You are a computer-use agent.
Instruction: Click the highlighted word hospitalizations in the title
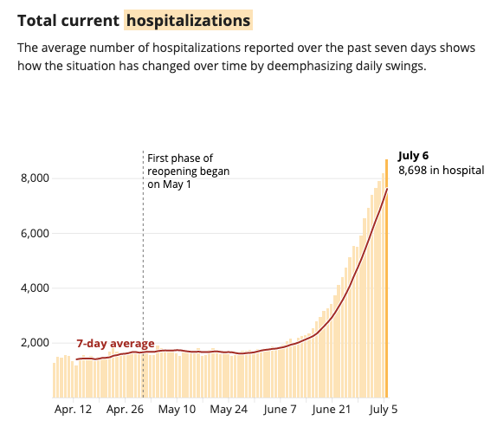pos(188,19)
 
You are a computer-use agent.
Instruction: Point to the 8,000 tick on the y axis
pos(34,178)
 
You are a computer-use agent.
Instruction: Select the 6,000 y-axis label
pos(34,233)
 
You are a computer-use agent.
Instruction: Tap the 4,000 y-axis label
pos(34,288)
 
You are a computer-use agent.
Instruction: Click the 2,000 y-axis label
pos(34,342)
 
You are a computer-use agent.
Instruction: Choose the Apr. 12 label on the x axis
pos(73,408)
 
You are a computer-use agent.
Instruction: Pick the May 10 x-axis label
pos(177,408)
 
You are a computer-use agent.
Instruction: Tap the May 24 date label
pos(229,408)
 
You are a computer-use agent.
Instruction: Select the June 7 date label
pos(281,408)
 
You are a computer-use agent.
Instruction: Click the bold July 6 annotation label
pos(413,156)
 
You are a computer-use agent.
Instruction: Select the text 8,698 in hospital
pos(439,171)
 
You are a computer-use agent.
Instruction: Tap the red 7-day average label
pos(115,343)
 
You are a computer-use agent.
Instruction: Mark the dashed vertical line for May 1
pos(143,260)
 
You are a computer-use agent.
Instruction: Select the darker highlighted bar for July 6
pos(386,277)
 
